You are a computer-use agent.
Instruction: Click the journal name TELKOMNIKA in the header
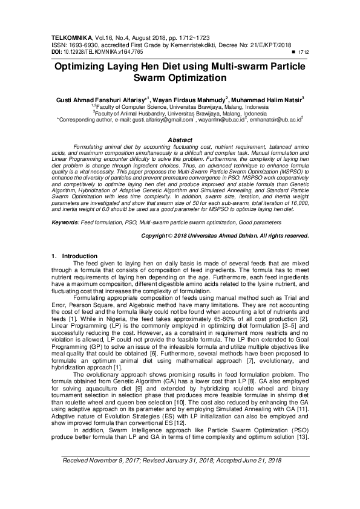coord(74,37)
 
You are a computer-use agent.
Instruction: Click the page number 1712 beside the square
coord(303,53)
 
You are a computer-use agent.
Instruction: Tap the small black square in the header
coord(294,53)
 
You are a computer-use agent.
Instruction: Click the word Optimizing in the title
coord(90,68)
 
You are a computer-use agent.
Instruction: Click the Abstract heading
coord(180,140)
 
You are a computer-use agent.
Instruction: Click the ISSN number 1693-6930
coord(80,45)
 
